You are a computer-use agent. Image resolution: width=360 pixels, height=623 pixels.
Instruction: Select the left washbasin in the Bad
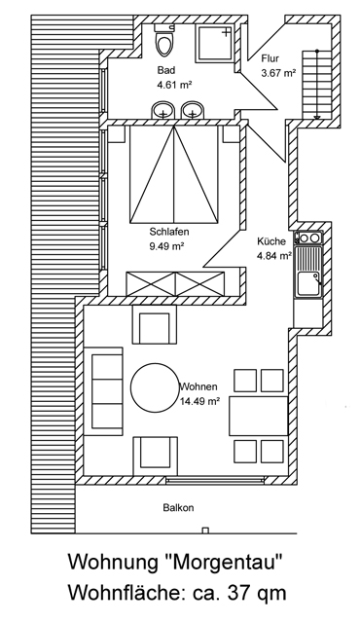[163, 110]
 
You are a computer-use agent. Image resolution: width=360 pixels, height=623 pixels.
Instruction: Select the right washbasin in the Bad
[193, 110]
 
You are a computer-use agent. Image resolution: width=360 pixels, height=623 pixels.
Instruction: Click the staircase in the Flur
[317, 85]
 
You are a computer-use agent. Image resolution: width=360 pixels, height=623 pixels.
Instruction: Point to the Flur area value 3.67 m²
[278, 73]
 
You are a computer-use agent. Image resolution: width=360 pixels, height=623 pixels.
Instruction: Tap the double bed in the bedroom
[174, 174]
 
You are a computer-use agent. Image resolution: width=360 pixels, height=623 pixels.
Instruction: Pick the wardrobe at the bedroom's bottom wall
[175, 283]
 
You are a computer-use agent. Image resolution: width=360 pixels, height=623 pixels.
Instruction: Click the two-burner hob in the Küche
[308, 238]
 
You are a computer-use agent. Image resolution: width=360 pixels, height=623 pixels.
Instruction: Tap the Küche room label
[271, 241]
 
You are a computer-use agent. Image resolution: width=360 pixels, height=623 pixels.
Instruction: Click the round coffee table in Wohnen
[156, 387]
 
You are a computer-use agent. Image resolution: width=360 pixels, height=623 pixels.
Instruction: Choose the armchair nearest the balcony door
[156, 456]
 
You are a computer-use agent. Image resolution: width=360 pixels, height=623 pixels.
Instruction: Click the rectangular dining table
[259, 416]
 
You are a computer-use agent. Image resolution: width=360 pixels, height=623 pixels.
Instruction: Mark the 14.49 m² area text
[200, 401]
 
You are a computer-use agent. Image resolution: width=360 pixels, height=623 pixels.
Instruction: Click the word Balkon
[179, 507]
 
